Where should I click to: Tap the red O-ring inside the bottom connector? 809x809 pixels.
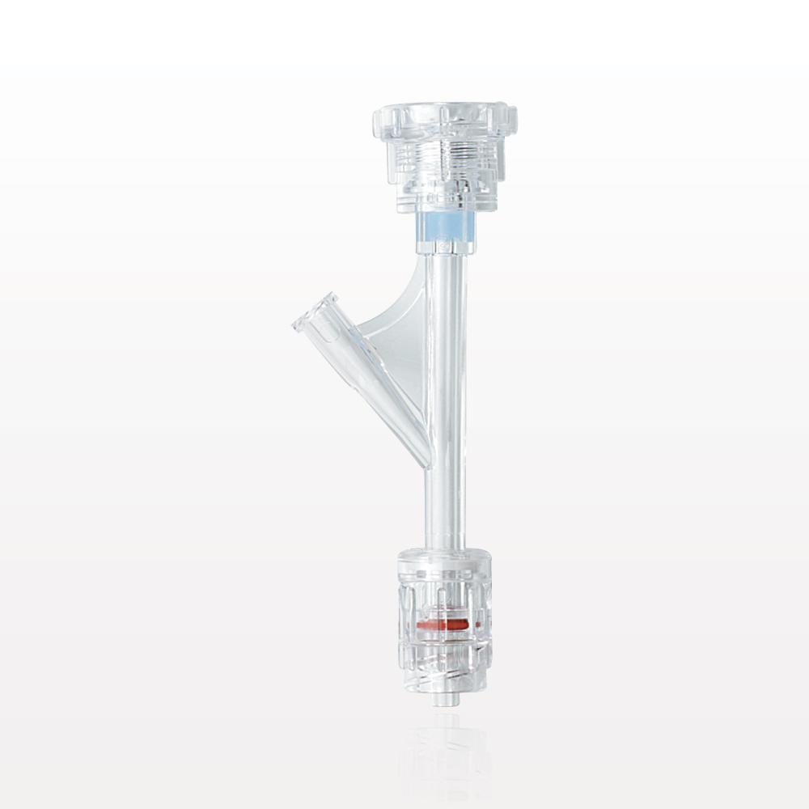click(x=444, y=625)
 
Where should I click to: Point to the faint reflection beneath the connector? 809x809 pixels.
click(x=444, y=752)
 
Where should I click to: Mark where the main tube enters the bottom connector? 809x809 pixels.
click(x=445, y=549)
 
